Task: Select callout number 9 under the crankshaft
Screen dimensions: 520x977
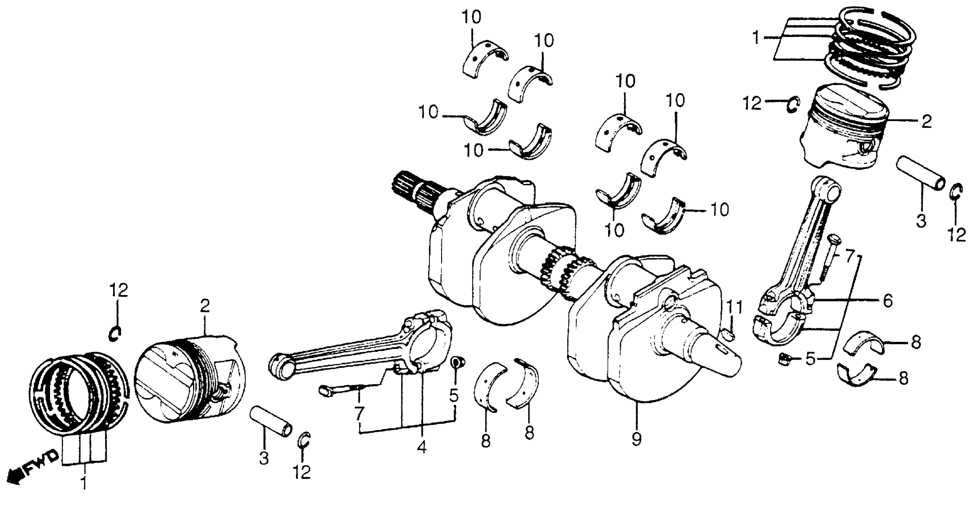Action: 637,439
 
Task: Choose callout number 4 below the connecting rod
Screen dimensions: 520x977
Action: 422,448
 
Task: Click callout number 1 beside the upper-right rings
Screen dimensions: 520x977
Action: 756,38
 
